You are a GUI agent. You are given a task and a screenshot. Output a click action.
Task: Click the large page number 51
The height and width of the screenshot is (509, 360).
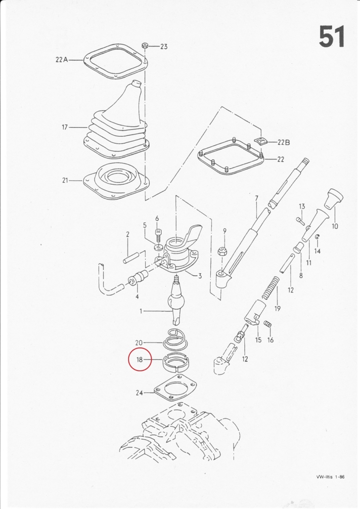[x=332, y=37]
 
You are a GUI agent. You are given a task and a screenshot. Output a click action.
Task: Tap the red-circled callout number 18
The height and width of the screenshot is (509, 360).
[x=140, y=359]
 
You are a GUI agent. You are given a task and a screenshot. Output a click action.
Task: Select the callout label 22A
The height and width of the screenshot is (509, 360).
[x=62, y=60]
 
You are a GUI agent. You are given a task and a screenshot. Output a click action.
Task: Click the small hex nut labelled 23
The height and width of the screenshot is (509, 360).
[x=145, y=46]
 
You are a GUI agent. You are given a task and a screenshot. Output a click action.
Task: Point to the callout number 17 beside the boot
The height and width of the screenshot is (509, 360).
[x=65, y=127]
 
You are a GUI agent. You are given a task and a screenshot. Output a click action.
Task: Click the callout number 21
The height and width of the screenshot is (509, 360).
[x=65, y=180]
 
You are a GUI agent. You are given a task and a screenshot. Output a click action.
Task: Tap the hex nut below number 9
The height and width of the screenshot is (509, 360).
[x=222, y=251]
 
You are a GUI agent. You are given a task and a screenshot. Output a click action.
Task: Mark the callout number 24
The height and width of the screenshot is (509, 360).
[x=139, y=393]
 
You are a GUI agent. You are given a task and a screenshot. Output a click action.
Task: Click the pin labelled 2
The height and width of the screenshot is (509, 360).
[x=131, y=256]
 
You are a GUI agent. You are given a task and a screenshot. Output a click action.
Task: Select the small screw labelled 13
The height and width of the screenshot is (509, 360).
[x=300, y=221]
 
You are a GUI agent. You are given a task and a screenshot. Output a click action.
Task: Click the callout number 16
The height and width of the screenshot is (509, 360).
[x=270, y=340]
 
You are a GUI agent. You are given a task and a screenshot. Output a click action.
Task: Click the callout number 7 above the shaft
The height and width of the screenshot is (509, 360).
[x=257, y=198]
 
